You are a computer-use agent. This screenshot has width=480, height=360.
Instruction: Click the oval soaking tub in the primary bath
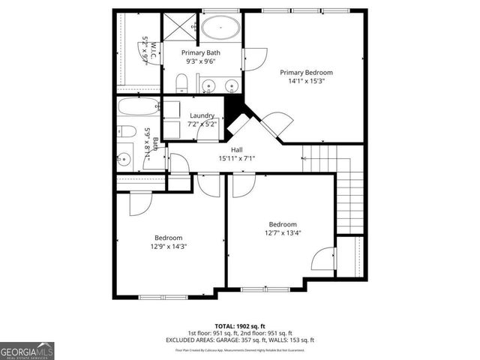(220, 29)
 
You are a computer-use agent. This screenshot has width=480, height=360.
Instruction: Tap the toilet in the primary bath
(181, 83)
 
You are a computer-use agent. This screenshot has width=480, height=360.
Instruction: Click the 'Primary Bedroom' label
(306, 73)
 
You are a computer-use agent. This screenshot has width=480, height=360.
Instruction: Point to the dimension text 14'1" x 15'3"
(306, 82)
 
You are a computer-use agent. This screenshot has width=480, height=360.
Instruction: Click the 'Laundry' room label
(202, 115)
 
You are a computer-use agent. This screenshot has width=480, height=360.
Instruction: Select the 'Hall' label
(236, 150)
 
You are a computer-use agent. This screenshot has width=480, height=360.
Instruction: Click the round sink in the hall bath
(124, 159)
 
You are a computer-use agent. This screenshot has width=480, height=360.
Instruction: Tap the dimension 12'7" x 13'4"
(283, 233)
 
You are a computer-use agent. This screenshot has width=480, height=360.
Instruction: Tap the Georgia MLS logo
(27, 350)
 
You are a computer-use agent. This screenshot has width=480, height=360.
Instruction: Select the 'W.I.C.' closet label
(153, 50)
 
